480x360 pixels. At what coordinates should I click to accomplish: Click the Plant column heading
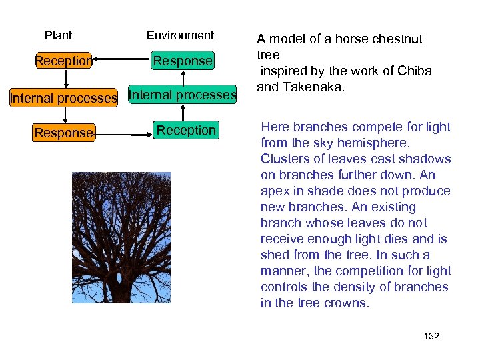coord(58,35)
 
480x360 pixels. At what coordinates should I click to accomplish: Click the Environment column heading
coord(180,35)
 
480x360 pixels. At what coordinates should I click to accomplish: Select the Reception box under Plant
coord(63,61)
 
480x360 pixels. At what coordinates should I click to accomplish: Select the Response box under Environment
coord(183,61)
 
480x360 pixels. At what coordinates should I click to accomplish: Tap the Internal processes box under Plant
coord(63,99)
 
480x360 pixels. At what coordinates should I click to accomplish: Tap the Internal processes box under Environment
coord(183,95)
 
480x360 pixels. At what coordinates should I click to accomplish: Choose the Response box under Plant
coord(64,133)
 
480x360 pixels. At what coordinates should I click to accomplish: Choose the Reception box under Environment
coord(186,130)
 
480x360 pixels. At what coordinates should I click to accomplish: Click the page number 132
coord(431,336)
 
